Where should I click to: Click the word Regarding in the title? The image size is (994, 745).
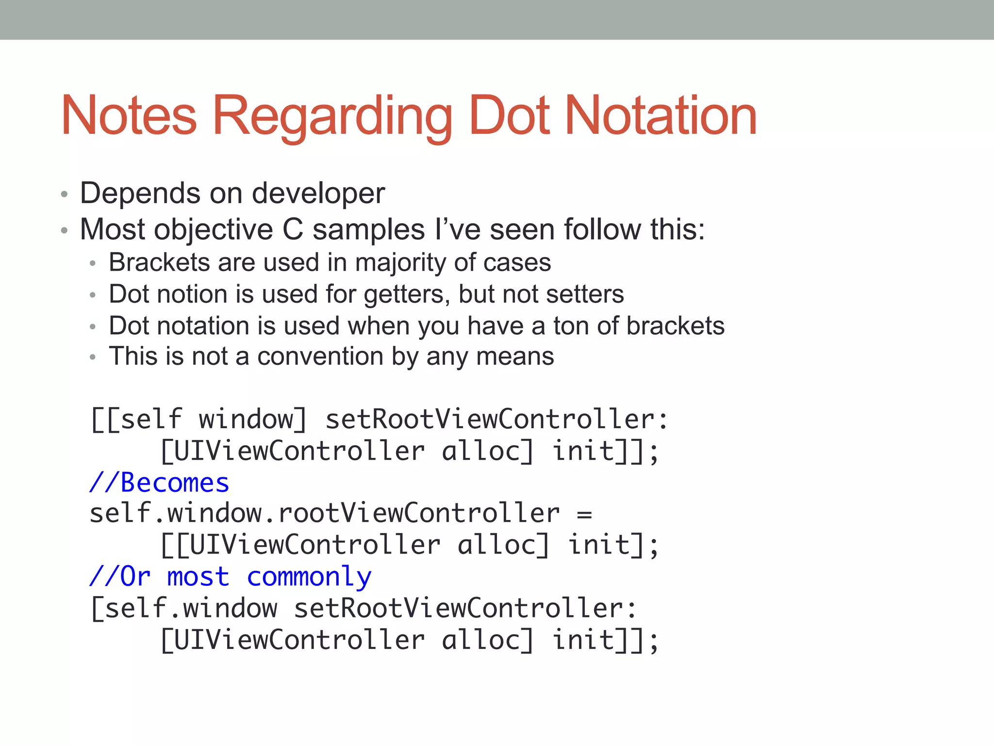(332, 116)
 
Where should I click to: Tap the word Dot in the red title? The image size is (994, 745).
(510, 116)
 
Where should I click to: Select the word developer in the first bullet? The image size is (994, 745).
(318, 194)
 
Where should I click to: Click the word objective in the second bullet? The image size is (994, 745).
(214, 229)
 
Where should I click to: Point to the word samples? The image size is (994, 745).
(369, 229)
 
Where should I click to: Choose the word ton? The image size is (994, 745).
(571, 326)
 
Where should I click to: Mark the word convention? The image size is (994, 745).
(320, 357)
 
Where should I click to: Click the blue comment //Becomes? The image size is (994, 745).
(159, 483)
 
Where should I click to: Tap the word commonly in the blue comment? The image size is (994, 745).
(309, 577)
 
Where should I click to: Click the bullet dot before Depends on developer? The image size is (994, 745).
(64, 195)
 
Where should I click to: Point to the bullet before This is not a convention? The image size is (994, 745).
(93, 358)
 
